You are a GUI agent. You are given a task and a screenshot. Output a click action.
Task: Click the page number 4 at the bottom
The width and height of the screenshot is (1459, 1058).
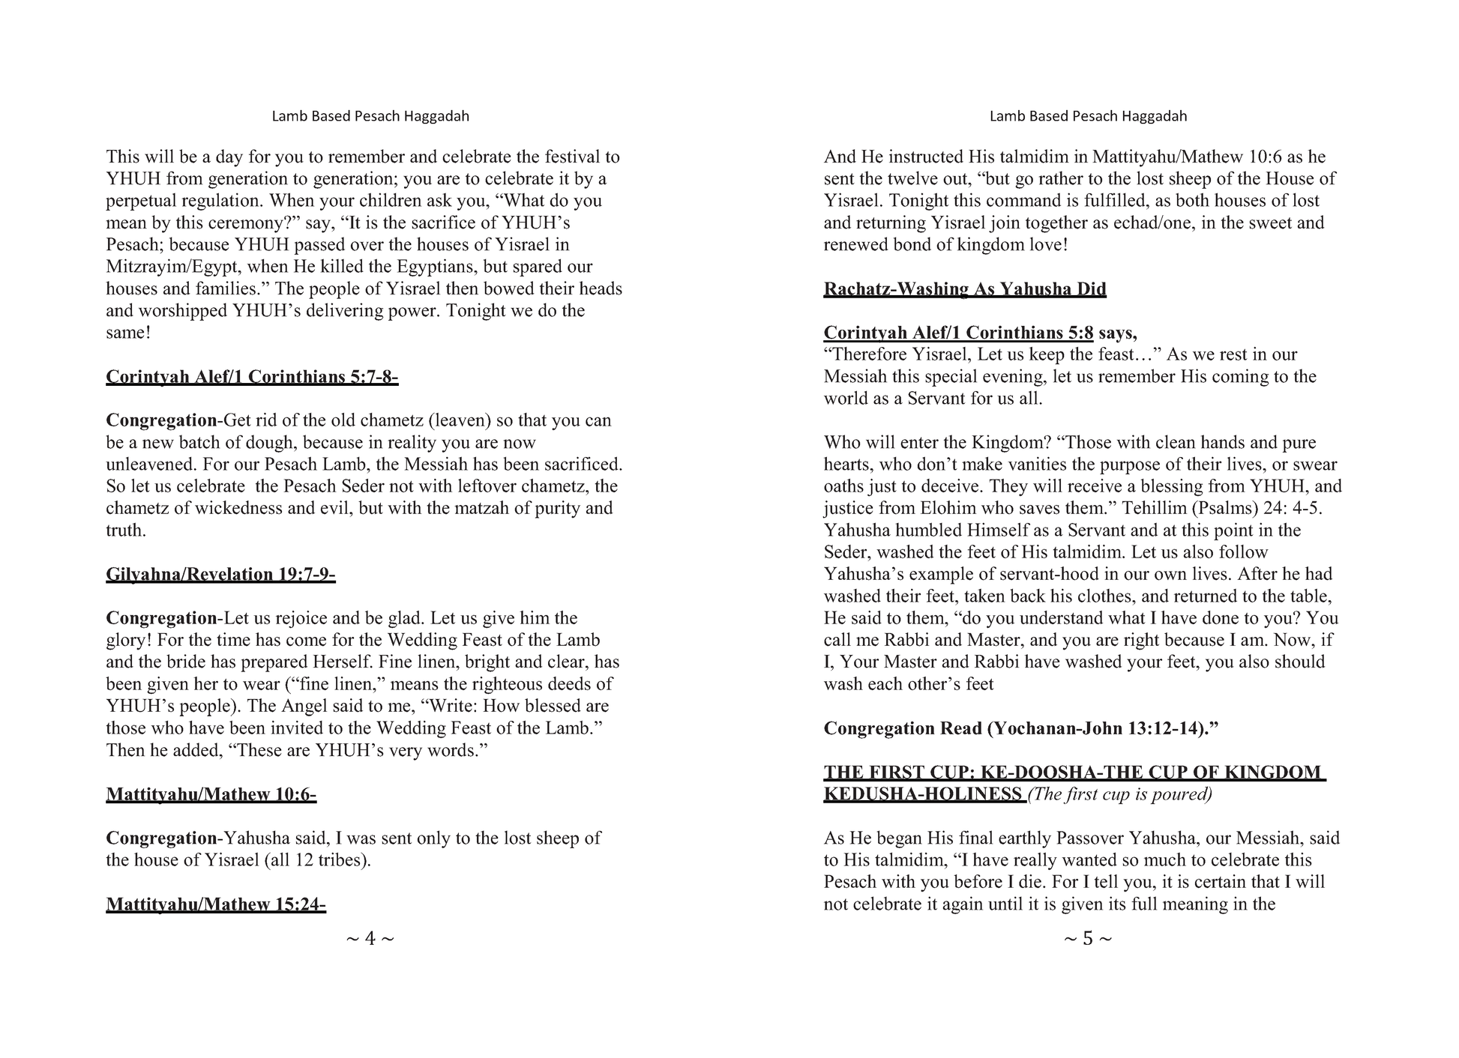370,938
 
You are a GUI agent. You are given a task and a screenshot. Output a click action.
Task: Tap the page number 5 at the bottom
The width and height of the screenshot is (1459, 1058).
1088,938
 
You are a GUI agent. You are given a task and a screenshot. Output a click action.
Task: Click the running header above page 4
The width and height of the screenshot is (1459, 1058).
370,116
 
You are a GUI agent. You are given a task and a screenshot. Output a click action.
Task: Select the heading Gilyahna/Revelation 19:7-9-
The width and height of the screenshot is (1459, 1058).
220,575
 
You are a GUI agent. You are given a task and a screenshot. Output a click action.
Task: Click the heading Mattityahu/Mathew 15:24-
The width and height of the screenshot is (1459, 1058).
216,904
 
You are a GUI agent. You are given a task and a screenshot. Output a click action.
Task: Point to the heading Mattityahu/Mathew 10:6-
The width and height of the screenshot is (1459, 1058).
211,794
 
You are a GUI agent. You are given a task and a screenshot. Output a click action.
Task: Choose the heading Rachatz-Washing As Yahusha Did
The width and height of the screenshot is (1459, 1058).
965,289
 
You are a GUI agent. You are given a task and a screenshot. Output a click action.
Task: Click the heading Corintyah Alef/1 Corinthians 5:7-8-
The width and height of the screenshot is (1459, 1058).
252,377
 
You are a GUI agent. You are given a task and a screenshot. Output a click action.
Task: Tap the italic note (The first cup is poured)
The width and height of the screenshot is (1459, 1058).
1120,794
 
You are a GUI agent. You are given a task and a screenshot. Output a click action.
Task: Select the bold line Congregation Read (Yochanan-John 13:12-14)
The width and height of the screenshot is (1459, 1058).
1021,728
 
